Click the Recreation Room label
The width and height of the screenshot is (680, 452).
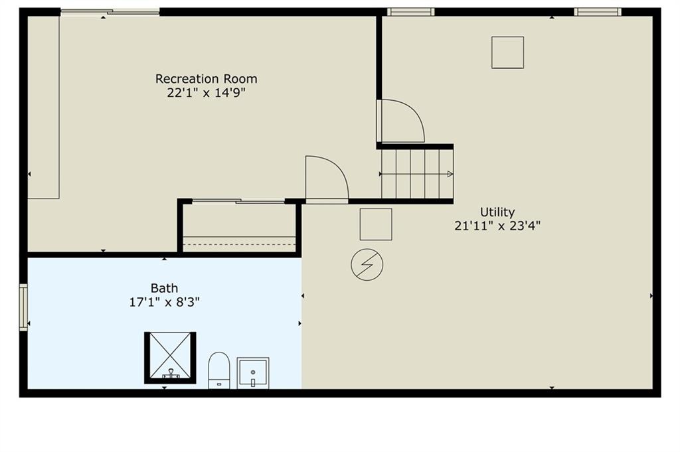(x=207, y=79)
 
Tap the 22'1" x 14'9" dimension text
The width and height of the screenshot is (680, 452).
(x=207, y=93)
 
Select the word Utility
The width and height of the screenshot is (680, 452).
(x=497, y=212)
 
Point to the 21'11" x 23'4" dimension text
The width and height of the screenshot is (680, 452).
(x=497, y=226)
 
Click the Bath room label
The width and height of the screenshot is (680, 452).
(x=165, y=288)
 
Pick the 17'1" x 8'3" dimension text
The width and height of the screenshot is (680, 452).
(x=165, y=302)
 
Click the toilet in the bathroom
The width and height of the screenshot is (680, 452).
(x=219, y=370)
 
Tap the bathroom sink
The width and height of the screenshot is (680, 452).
(x=253, y=373)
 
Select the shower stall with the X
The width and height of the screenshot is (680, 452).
(x=170, y=358)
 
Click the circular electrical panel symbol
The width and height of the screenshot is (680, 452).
(x=367, y=264)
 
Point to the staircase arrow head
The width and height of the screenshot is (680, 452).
(x=450, y=174)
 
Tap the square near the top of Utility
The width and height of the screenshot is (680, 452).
(x=508, y=52)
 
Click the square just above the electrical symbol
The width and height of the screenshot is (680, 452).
(x=376, y=224)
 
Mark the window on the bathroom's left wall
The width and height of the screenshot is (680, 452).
(x=23, y=307)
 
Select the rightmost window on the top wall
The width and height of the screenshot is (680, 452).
(x=598, y=12)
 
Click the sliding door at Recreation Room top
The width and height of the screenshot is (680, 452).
(x=110, y=13)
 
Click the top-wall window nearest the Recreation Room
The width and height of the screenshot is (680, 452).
(x=410, y=12)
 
